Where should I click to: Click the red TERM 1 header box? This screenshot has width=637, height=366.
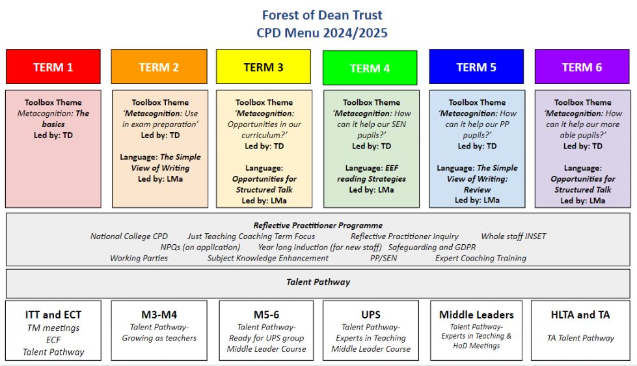(x=53, y=66)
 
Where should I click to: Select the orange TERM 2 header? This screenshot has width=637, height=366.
(x=159, y=66)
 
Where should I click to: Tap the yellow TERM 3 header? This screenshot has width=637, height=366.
(x=264, y=66)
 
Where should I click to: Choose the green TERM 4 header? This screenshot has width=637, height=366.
(x=370, y=68)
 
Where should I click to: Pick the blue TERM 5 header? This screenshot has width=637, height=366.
(x=476, y=66)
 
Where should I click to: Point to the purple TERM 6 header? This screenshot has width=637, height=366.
(x=582, y=66)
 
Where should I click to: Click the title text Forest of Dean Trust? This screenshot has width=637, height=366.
(x=322, y=15)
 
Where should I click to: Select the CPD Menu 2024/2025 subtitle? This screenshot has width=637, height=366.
(x=322, y=33)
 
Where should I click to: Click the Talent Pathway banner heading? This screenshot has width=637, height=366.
(x=318, y=282)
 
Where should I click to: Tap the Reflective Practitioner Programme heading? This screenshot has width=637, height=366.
(x=318, y=225)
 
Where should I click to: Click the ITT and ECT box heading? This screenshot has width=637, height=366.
(x=53, y=315)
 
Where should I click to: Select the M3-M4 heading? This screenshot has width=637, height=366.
(x=159, y=315)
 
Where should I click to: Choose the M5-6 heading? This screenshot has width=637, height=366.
(x=266, y=315)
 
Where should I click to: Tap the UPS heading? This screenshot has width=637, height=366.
(x=371, y=315)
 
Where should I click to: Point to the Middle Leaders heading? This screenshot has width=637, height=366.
(x=476, y=315)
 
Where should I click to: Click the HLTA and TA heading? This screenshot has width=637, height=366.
(x=580, y=315)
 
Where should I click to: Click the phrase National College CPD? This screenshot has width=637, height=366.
(x=129, y=236)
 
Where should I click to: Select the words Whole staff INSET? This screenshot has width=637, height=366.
(x=513, y=236)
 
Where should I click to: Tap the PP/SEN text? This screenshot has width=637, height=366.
(x=383, y=259)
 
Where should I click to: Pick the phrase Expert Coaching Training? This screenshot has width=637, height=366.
(x=481, y=259)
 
